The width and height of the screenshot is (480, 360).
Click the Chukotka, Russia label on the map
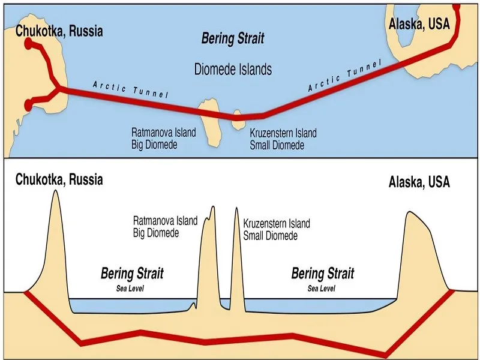click(x=59, y=31)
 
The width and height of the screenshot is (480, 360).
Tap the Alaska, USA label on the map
click(x=419, y=23)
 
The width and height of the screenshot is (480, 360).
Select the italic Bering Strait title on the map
click(x=232, y=40)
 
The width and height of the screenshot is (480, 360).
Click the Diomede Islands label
click(x=233, y=69)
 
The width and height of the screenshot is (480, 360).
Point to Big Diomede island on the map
click(x=210, y=120)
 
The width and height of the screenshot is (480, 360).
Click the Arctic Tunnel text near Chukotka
click(x=131, y=90)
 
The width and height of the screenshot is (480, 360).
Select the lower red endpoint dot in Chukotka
click(x=27, y=106)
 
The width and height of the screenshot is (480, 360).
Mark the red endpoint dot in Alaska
click(x=457, y=7)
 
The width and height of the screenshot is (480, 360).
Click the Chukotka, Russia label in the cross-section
click(x=59, y=179)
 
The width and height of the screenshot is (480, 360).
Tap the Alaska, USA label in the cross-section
click(x=419, y=182)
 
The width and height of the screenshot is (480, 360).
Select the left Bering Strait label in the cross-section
click(x=132, y=274)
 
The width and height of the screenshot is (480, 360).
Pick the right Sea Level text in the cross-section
click(x=322, y=289)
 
